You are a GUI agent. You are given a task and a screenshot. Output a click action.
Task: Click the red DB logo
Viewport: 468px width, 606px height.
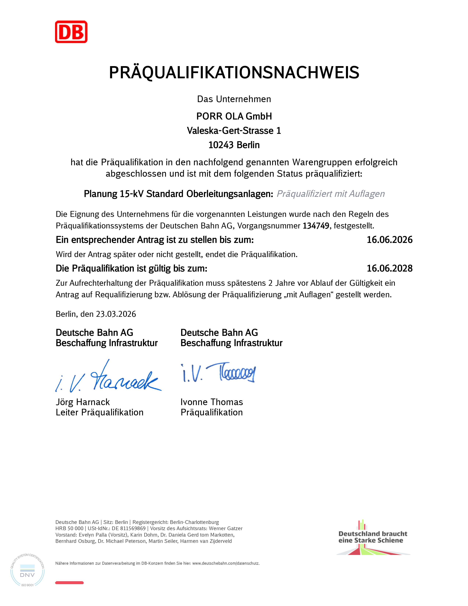(x=71, y=32)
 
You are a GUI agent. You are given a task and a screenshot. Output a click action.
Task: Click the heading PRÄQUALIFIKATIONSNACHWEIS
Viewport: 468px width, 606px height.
(x=234, y=73)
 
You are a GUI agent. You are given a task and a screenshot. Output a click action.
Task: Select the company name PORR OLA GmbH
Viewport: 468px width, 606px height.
(x=234, y=116)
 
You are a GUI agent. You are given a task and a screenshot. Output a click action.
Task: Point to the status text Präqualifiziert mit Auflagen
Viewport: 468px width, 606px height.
(x=331, y=194)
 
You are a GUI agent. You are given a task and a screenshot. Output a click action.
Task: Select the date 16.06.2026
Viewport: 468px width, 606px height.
(x=389, y=240)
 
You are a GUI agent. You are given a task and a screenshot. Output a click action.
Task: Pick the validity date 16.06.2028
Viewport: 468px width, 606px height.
(x=389, y=268)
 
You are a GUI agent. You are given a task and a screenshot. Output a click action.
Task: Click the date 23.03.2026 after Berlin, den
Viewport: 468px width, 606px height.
(x=116, y=314)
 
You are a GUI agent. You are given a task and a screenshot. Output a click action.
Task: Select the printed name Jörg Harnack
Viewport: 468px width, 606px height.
(x=83, y=402)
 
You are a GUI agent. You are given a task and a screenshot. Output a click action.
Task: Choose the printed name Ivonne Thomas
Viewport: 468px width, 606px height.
(x=212, y=402)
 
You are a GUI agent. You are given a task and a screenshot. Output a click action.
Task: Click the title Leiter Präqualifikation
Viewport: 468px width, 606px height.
(x=99, y=412)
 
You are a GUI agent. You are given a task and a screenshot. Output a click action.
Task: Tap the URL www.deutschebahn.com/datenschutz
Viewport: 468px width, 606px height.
(x=226, y=563)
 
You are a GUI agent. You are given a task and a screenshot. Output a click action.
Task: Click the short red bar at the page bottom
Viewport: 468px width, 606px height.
(x=69, y=583)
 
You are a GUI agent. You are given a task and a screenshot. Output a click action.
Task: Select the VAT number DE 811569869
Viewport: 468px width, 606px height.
(x=129, y=529)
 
